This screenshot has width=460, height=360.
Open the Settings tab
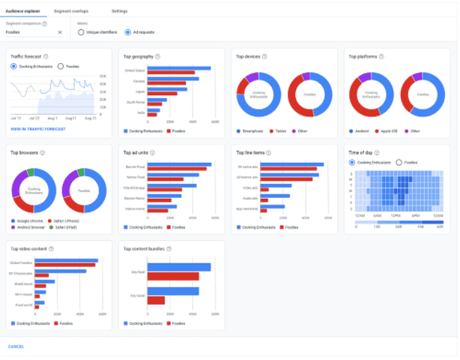pyautogui.click(x=119, y=11)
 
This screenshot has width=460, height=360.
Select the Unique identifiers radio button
pyautogui.click(x=83, y=32)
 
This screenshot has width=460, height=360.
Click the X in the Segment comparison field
pyautogui.click(x=60, y=32)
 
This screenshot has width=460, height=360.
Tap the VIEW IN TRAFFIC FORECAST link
pyautogui.click(x=37, y=129)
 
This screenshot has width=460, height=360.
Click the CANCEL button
pyautogui.click(x=16, y=346)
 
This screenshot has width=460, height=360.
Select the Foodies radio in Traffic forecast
pyautogui.click(x=61, y=66)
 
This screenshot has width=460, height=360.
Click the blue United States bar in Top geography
pyautogui.click(x=179, y=68)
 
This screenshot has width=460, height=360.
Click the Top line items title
pyautogui.click(x=251, y=152)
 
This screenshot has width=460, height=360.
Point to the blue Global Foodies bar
pyautogui.click(x=67, y=260)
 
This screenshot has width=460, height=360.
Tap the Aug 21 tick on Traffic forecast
pyautogui.click(x=90, y=118)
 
